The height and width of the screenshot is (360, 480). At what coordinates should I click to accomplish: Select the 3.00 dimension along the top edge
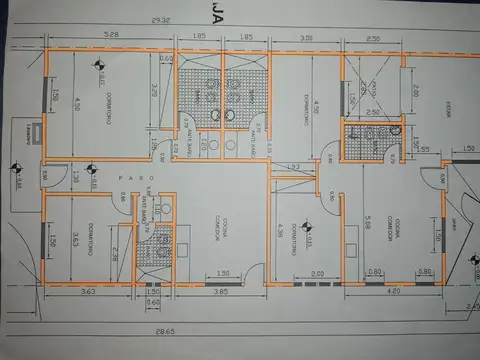tap(307, 37)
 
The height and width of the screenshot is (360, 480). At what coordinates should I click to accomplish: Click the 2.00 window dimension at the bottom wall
tap(318, 273)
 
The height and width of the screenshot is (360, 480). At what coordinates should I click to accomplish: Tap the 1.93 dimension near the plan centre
tap(294, 165)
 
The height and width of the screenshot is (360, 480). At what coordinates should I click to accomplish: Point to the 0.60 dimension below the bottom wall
tap(153, 302)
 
